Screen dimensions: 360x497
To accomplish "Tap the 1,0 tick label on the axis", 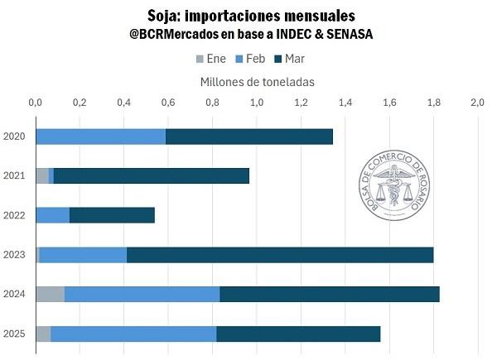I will [x=256, y=103].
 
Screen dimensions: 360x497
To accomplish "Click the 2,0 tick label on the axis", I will [x=477, y=103].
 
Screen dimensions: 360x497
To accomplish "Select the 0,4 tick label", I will [x=123, y=103].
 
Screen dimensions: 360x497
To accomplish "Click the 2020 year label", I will [x=14, y=137].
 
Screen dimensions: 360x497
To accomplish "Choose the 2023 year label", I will [x=14, y=255].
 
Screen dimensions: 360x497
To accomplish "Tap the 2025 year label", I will [x=14, y=334].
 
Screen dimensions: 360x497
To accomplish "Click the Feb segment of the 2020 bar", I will [x=100, y=137].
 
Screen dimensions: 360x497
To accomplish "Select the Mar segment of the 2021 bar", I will [x=151, y=175].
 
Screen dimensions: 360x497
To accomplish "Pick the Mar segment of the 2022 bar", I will [x=112, y=215].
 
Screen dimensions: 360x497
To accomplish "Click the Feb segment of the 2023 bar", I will [x=83, y=255].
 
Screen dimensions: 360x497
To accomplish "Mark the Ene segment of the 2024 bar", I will [x=50, y=294].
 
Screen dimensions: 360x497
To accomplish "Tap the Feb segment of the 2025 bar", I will [x=133, y=334].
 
